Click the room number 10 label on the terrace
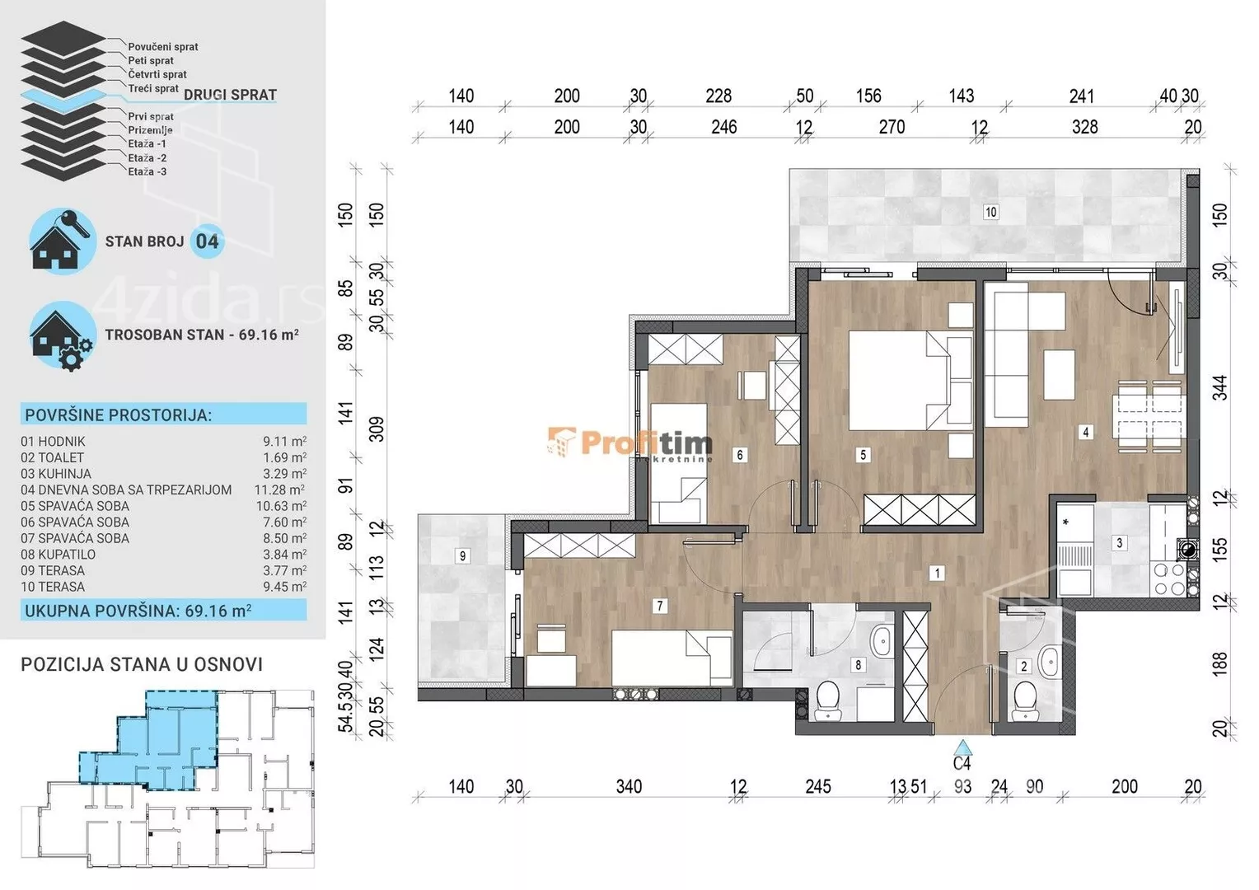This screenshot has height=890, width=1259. (x=990, y=212)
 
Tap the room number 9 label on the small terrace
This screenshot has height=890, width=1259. (x=462, y=556)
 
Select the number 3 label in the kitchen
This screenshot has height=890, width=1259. (x=1120, y=542)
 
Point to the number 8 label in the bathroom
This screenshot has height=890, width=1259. (x=859, y=665)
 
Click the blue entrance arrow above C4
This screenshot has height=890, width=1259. (x=963, y=747)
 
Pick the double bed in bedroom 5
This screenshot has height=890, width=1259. (x=910, y=381)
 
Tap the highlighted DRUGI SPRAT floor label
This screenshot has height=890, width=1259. (x=231, y=95)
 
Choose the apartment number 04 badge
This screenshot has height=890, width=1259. (x=207, y=241)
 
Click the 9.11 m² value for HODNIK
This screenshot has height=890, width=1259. (x=284, y=442)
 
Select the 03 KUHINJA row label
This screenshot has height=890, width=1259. (x=56, y=474)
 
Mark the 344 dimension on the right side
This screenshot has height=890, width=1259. (x=1219, y=388)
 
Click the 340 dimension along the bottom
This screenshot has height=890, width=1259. (x=629, y=786)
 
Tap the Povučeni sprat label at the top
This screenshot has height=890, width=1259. (x=163, y=47)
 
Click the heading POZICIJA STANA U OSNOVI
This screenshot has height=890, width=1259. (x=142, y=664)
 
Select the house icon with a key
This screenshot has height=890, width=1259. (x=61, y=241)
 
